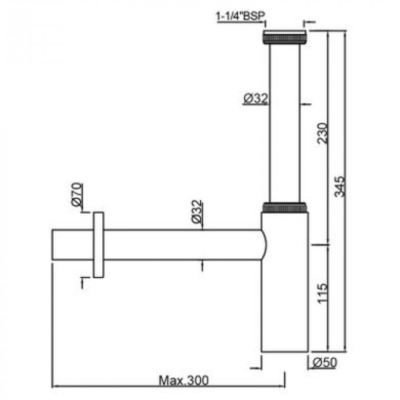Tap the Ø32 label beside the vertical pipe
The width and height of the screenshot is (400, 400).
pos(255,99)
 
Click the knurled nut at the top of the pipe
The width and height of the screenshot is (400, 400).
pos(285,38)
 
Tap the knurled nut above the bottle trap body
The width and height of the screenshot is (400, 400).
pos(285,207)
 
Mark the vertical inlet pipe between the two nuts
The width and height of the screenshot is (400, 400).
pos(285,123)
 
